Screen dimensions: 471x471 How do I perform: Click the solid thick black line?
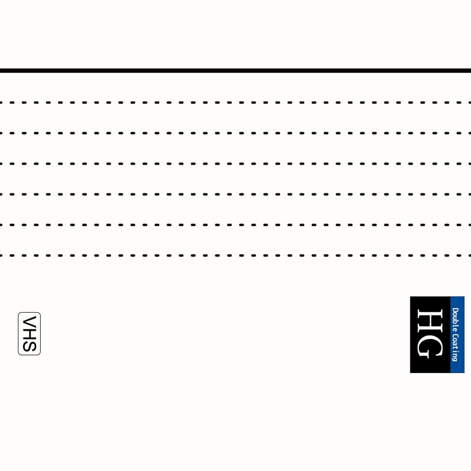[235, 70]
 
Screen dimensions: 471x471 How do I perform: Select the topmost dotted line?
[235, 103]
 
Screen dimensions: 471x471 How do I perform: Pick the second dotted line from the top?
[235, 133]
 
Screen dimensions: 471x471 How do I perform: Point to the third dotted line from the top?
[235, 164]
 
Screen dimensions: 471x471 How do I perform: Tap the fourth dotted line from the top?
[235, 195]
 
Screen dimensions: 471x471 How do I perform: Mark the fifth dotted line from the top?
[235, 224]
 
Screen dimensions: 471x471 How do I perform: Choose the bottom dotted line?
[235, 255]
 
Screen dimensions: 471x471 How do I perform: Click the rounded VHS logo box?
[18, 334]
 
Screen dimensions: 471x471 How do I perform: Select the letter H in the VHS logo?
[29, 333]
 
